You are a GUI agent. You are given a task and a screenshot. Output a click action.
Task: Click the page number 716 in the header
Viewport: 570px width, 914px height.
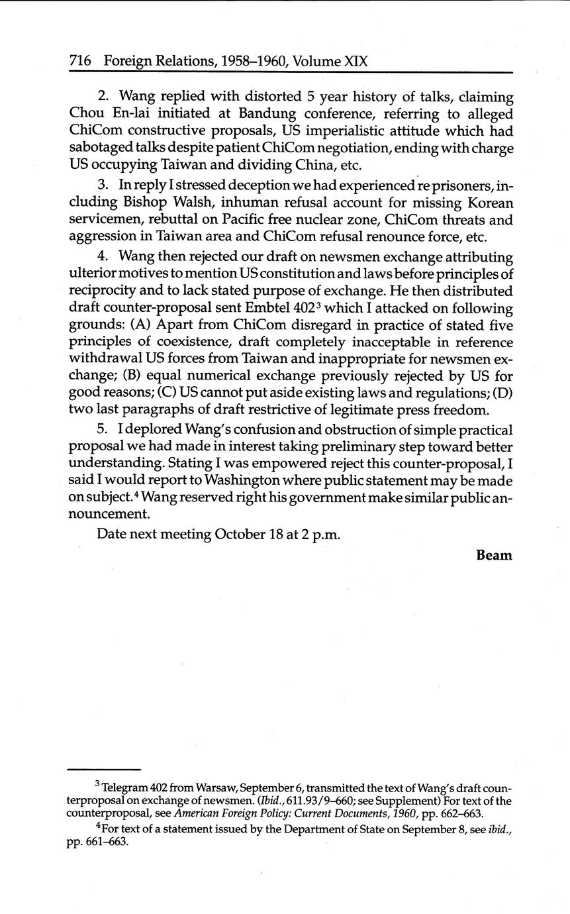tap(80, 62)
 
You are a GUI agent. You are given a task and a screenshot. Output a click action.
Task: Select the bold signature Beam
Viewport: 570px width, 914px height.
tap(494, 555)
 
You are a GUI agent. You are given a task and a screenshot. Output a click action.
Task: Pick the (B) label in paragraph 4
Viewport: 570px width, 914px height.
tap(89, 377)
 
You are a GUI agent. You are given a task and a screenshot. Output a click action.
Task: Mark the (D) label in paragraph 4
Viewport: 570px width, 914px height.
tap(502, 394)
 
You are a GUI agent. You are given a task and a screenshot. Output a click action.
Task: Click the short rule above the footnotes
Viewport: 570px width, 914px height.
tap(105, 770)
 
